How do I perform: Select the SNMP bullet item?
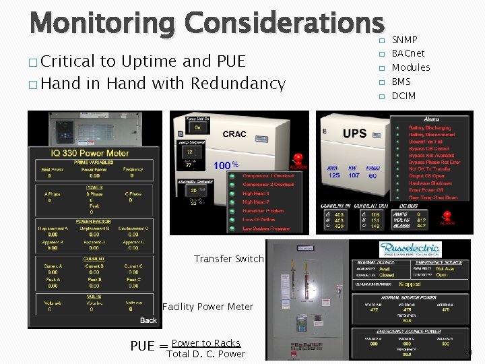404,40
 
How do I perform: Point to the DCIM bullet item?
403,96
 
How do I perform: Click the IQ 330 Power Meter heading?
90,153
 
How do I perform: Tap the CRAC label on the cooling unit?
234,133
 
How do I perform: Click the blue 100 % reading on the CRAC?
226,165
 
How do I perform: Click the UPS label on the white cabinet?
354,133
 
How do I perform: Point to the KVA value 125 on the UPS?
334,176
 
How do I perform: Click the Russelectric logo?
409,249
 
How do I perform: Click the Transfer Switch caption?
228,259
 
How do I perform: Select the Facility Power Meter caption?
207,307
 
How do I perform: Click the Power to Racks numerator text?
205,343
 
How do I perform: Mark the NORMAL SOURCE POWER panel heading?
409,297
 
